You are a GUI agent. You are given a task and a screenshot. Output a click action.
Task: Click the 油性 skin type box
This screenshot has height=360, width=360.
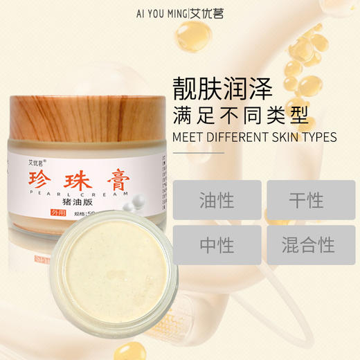[x=216, y=201]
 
